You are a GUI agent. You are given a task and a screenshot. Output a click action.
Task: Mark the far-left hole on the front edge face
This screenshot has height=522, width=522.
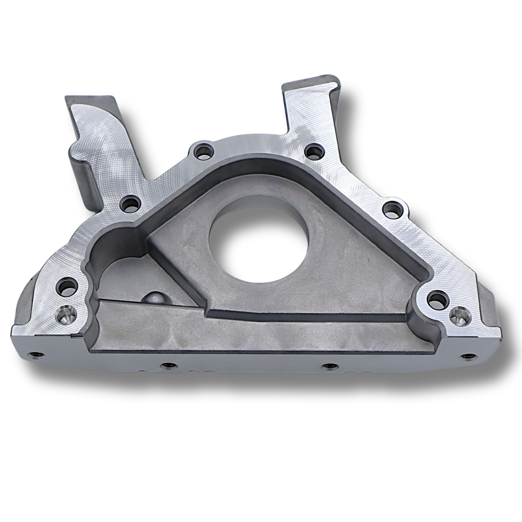click(x=34, y=354)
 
